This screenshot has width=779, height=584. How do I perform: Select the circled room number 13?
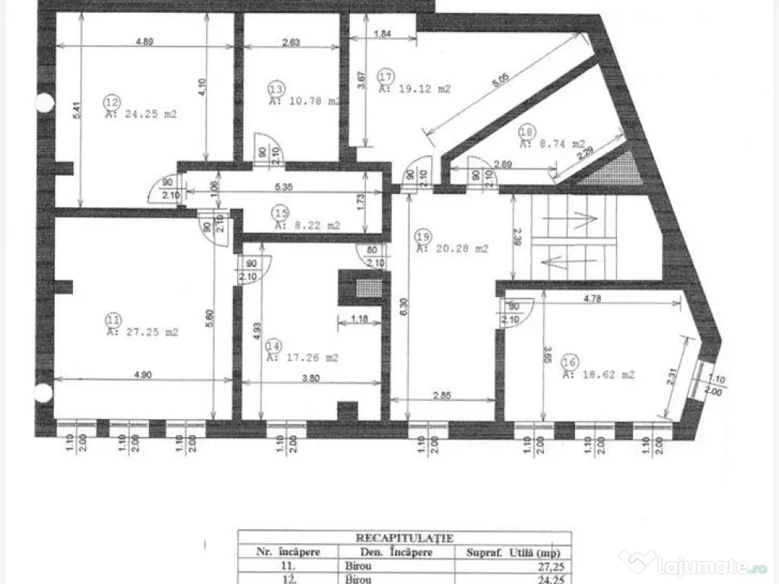pyautogui.click(x=275, y=88)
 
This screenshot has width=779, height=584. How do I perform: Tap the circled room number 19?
pyautogui.click(x=424, y=235)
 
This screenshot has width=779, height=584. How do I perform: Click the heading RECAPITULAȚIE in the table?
pyautogui.click(x=404, y=537)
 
